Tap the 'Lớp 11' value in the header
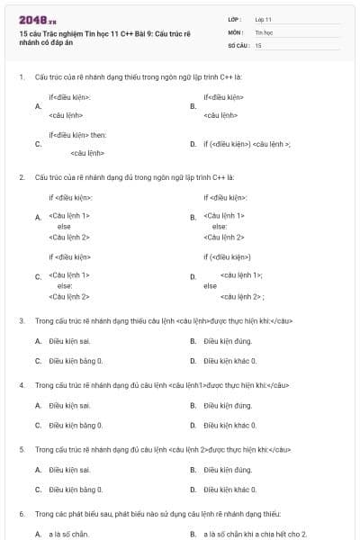pos(263,18)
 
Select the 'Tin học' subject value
pos(263,31)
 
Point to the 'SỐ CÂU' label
pos(237,44)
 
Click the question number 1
pos(21,77)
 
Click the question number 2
pos(21,177)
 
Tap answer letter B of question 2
pos(193,217)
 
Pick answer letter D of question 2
pos(193,276)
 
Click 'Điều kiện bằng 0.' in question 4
pos(76,425)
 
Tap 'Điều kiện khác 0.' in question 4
pos(230,425)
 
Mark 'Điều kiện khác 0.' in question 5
pos(230,490)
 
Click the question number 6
pos(21,514)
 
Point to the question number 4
pos(21,385)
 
